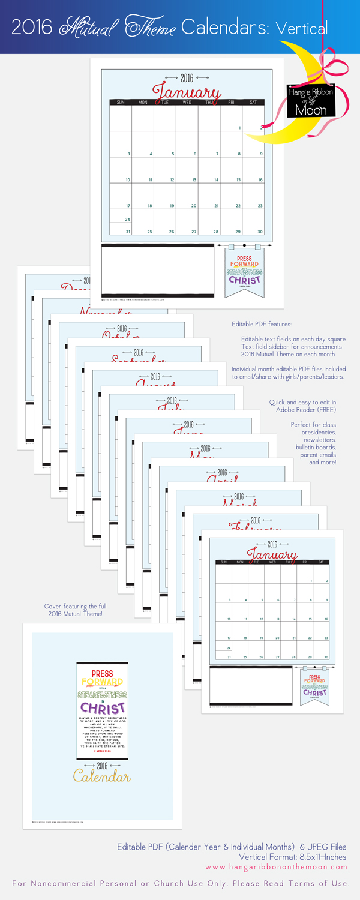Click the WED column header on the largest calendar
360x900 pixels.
coord(187,103)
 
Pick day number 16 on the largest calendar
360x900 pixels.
coord(260,180)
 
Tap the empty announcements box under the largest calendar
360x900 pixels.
coord(157,269)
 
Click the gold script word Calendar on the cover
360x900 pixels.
coord(102,777)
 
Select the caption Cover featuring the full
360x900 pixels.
coord(76,607)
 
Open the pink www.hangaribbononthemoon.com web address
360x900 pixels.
coord(277,867)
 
